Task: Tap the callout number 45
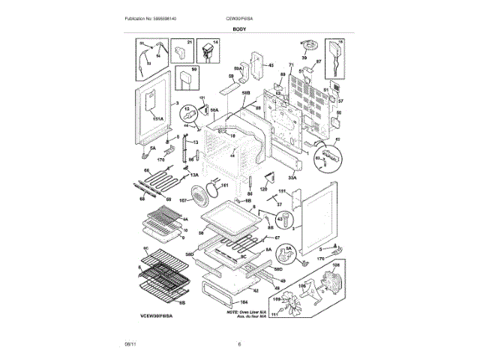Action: (x=271, y=66)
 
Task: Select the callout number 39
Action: (x=304, y=58)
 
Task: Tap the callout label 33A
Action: (x=292, y=178)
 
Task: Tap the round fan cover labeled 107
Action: (x=200, y=199)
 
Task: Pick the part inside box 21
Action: (x=180, y=53)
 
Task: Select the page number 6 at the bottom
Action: (x=239, y=344)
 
